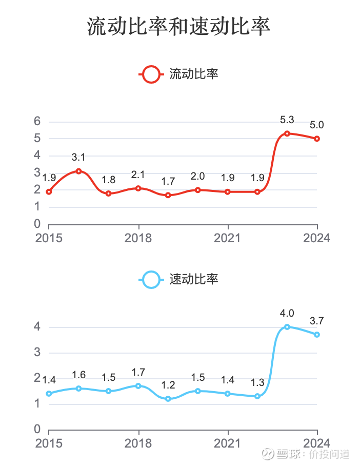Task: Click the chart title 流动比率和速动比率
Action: tap(179, 27)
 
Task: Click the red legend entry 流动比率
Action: tap(179, 74)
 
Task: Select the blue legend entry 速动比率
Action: tap(179, 280)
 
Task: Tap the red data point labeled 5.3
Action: tap(287, 133)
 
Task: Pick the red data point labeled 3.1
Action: tap(78, 171)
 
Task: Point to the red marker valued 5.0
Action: tap(317, 139)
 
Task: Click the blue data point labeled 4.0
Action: tap(287, 327)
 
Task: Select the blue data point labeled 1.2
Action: tap(168, 399)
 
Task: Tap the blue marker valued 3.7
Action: tap(317, 335)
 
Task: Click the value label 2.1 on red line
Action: tap(138, 175)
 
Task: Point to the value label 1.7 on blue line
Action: tap(138, 372)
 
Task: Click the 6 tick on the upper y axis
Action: tap(37, 122)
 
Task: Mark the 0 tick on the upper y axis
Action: tap(37, 224)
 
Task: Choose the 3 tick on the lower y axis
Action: tap(37, 353)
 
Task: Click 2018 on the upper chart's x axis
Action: tap(138, 239)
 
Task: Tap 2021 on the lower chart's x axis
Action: tap(228, 443)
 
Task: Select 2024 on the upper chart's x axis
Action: tap(317, 239)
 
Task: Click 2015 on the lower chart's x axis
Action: tap(49, 443)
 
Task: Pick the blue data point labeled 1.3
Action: tap(257, 396)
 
